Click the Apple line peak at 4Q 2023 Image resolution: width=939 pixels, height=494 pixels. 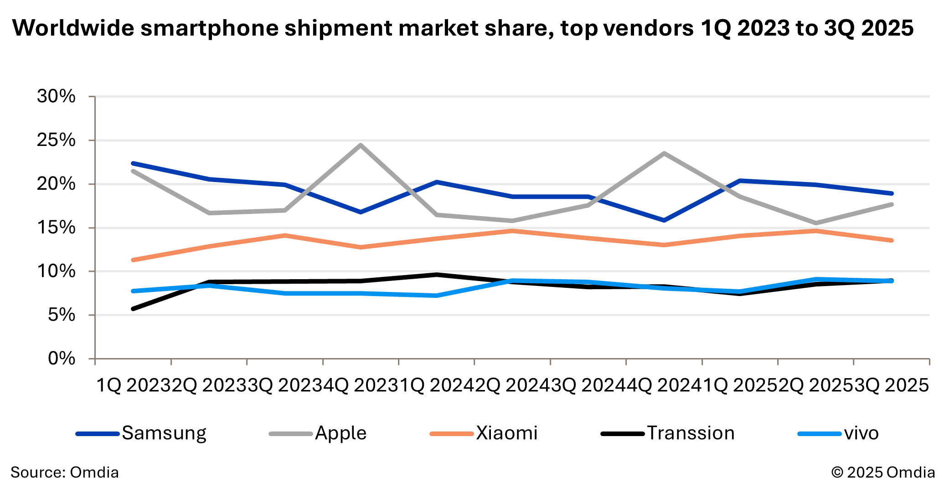361,146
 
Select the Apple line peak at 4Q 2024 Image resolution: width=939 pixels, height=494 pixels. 664,153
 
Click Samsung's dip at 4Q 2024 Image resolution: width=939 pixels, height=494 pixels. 664,220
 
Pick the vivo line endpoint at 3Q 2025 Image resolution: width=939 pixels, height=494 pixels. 891,281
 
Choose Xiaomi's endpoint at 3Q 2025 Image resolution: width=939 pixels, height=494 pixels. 891,240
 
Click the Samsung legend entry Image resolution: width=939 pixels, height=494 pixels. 141,433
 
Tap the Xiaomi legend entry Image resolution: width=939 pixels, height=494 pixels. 484,433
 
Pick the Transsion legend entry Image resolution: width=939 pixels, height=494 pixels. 668,433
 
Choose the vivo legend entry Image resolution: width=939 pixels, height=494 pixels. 838,433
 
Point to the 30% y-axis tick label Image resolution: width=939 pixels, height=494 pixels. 56,96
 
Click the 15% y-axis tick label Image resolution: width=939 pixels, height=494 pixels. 56,227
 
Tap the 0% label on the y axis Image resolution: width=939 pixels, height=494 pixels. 62,359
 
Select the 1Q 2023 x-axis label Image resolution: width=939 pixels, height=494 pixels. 133,386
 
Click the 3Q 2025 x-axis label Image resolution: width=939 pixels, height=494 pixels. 892,386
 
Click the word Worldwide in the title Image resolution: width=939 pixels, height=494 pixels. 73,28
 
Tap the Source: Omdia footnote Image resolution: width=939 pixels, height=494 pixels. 64,472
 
